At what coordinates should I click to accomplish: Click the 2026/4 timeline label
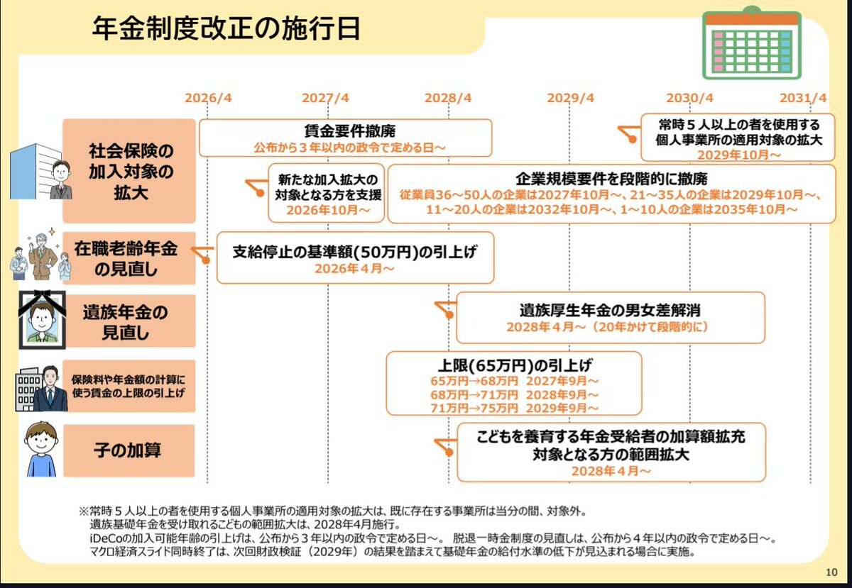tap(208, 98)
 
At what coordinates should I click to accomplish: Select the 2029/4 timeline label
tap(570, 98)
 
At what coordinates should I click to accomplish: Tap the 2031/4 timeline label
tap(803, 98)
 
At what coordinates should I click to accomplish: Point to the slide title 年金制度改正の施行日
tap(226, 29)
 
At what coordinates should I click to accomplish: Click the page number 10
tap(831, 572)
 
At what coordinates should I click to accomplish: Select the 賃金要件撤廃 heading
tap(349, 131)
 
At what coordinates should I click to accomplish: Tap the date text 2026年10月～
tap(328, 210)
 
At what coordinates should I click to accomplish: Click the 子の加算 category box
tap(129, 450)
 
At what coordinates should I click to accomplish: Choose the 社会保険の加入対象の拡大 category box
tap(129, 171)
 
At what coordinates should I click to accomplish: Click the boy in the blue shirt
tap(41, 449)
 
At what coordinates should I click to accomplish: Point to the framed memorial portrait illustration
tap(42, 320)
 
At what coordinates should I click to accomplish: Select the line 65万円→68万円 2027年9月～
tap(514, 381)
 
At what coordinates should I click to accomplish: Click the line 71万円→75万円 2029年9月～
tap(514, 409)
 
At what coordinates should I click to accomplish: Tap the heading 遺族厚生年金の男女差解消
tap(610, 310)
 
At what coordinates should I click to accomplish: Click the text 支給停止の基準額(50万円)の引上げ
tap(354, 252)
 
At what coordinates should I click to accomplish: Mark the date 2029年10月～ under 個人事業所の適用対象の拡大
tap(738, 155)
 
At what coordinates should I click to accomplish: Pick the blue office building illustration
tap(35, 172)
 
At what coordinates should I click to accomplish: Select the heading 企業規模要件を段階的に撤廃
tap(611, 179)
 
